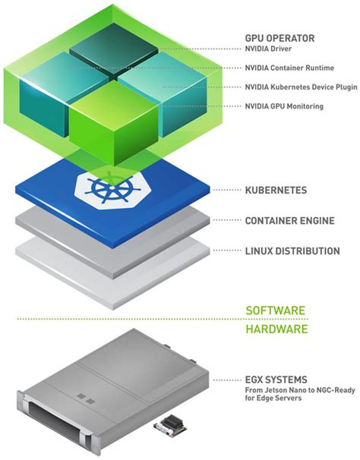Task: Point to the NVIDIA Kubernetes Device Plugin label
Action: pyautogui.click(x=300, y=87)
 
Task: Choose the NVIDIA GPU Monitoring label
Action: pyautogui.click(x=284, y=106)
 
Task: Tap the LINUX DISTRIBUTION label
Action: pyautogui.click(x=292, y=251)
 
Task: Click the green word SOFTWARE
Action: pyautogui.click(x=276, y=310)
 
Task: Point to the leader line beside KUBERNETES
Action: pyautogui.click(x=227, y=191)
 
